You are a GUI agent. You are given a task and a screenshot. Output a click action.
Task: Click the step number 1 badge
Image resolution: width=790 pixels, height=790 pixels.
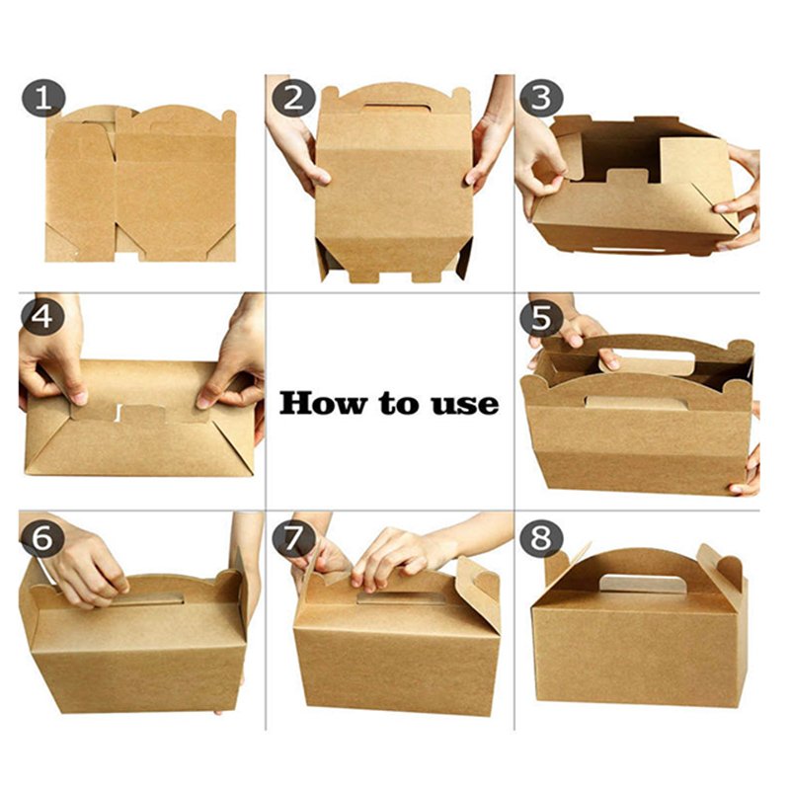43,97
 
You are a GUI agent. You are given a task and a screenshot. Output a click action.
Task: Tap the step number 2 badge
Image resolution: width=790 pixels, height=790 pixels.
293,97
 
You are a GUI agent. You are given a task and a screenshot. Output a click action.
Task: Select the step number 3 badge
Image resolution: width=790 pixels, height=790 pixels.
541,97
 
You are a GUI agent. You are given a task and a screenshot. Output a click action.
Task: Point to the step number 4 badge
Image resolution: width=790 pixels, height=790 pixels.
42,317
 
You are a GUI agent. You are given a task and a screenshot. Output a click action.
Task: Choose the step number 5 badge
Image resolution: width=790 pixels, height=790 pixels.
541,317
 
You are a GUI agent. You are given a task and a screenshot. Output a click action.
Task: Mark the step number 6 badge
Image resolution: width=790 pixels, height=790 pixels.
42,537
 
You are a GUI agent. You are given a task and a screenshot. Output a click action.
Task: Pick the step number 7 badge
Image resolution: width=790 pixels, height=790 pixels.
293,537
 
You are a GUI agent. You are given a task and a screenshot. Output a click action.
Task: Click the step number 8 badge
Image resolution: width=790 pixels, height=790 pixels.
541,537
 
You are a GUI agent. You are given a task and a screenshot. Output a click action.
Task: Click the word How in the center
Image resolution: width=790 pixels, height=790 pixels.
324,403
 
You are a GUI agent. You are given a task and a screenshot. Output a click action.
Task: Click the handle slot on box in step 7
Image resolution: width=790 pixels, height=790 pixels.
401,597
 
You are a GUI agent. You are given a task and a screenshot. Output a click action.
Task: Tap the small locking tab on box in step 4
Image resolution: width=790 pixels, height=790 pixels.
144,413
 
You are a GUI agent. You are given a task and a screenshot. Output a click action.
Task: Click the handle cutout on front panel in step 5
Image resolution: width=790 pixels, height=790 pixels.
636,402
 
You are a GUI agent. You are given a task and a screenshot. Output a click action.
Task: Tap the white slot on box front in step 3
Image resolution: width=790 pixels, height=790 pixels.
628,250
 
